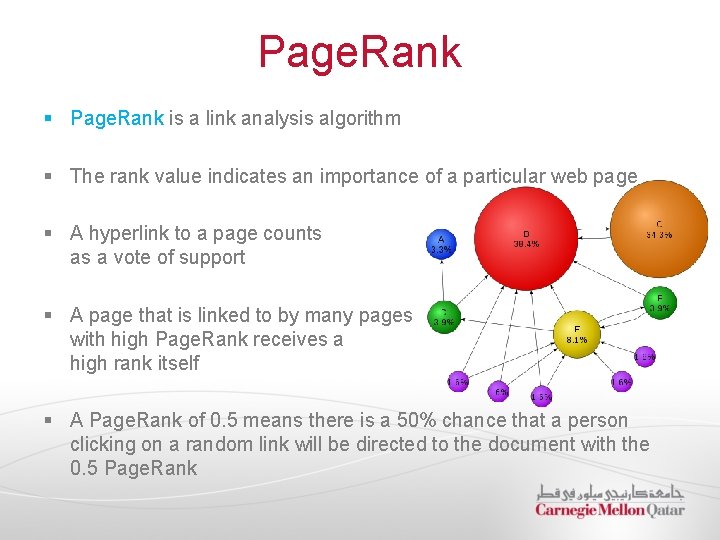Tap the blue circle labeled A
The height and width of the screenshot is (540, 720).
click(441, 244)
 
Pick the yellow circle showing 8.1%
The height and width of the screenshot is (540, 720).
click(576, 334)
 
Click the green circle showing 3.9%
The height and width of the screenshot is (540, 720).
click(444, 316)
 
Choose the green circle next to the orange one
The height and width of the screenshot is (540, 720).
click(659, 302)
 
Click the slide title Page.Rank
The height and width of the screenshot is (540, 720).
click(359, 52)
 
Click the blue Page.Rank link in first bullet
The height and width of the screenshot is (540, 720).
click(116, 118)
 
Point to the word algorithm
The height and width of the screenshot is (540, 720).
click(356, 118)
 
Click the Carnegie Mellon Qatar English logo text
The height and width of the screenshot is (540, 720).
click(609, 510)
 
